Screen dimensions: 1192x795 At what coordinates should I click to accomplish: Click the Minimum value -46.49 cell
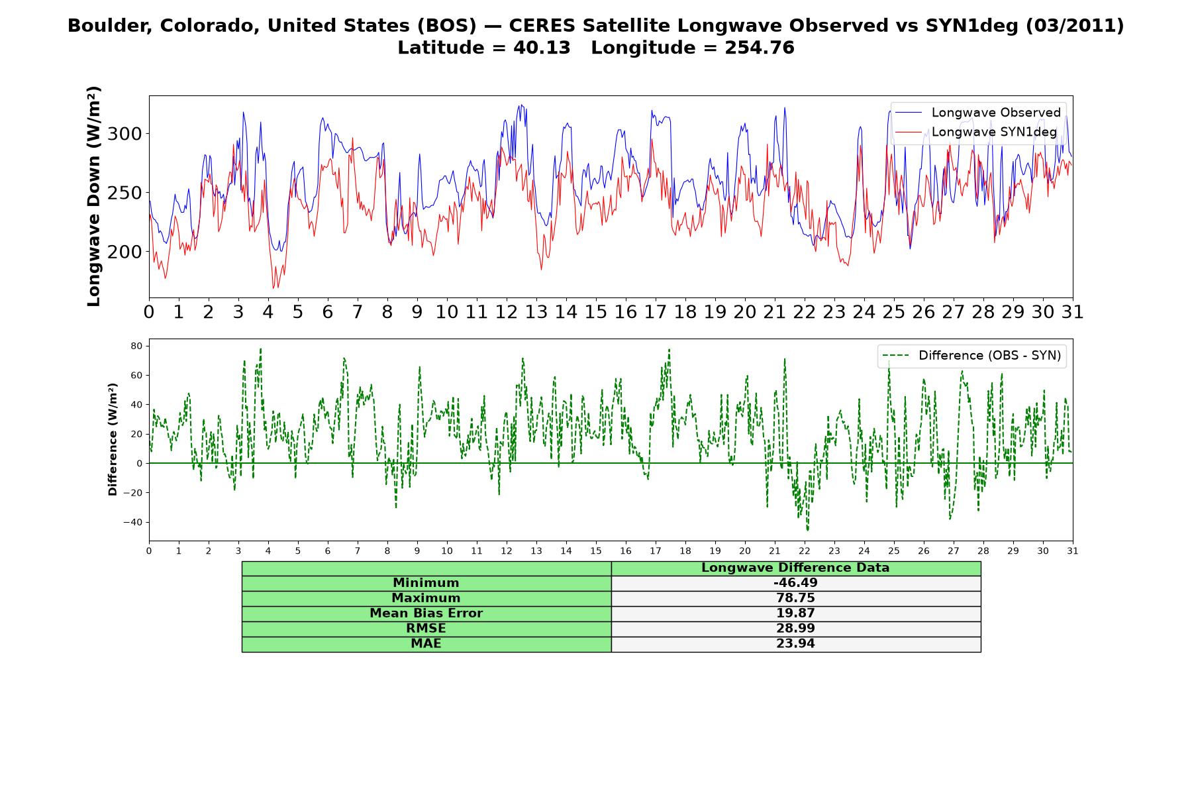click(795, 583)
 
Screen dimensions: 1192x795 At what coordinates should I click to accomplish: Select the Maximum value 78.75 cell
click(795, 598)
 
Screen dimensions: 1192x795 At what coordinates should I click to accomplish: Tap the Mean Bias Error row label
click(426, 613)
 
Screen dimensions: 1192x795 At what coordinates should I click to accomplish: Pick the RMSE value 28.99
click(795, 629)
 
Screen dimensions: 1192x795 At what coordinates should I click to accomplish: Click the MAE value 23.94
click(795, 644)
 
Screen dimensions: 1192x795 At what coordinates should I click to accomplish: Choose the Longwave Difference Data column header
click(795, 568)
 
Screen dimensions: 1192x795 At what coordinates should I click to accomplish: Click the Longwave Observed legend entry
click(977, 113)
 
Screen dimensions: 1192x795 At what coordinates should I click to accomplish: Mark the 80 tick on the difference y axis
click(137, 346)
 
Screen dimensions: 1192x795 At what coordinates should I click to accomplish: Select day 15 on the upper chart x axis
click(596, 312)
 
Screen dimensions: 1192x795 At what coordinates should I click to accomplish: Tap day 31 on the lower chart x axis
click(1073, 551)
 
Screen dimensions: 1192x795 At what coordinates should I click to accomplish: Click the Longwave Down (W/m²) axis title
click(94, 196)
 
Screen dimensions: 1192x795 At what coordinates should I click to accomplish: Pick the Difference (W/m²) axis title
click(113, 439)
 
